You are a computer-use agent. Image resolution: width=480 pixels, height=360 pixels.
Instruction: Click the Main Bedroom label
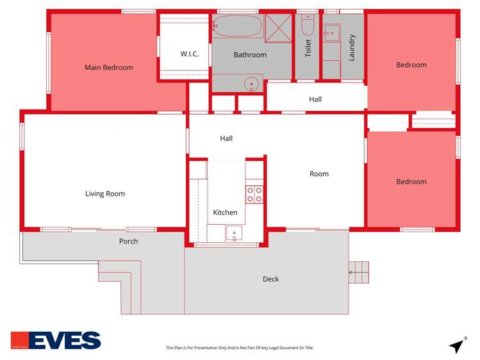[x=109, y=67]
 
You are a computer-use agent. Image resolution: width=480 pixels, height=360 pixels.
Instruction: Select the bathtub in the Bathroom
[x=237, y=27]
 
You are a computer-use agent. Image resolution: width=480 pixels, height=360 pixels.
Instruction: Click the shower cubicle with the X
[x=279, y=28]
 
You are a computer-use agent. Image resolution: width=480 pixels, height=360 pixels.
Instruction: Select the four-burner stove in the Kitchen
[x=254, y=194]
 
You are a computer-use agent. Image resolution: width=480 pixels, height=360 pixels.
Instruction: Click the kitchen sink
[x=235, y=234]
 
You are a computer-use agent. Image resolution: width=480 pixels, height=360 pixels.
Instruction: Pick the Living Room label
[x=105, y=193]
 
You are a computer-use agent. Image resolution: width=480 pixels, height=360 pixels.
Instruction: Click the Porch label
[x=128, y=241]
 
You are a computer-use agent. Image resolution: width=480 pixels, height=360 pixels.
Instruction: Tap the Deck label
[x=270, y=279]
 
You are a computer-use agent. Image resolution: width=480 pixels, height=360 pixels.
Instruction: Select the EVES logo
[x=56, y=340]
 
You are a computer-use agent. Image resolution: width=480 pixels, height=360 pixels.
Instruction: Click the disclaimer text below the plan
[x=240, y=348]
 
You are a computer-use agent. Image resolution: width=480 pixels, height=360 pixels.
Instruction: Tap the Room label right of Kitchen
[x=319, y=174]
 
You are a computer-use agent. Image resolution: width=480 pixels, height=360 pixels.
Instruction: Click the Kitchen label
[x=225, y=213]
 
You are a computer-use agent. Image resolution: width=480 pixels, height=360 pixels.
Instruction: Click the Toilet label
[x=308, y=48]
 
